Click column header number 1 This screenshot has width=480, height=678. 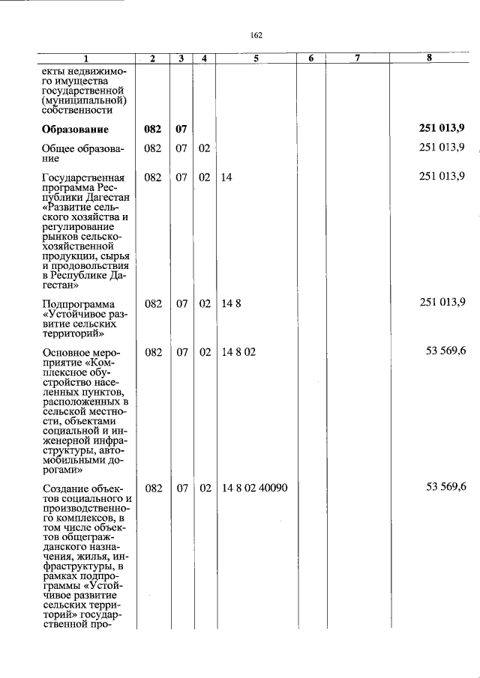[x=85, y=59]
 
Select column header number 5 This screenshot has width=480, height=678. [x=256, y=59]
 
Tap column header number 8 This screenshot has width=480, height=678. [x=428, y=58]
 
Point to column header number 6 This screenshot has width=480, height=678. [x=310, y=59]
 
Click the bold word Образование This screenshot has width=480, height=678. [x=75, y=129]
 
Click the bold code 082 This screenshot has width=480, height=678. [x=153, y=129]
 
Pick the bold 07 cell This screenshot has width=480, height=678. [x=181, y=129]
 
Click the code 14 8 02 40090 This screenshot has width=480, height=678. [x=255, y=488]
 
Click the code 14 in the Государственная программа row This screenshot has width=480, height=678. [x=226, y=177]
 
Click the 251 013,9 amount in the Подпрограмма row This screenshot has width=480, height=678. [x=442, y=303]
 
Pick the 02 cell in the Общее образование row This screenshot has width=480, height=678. [x=204, y=148]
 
